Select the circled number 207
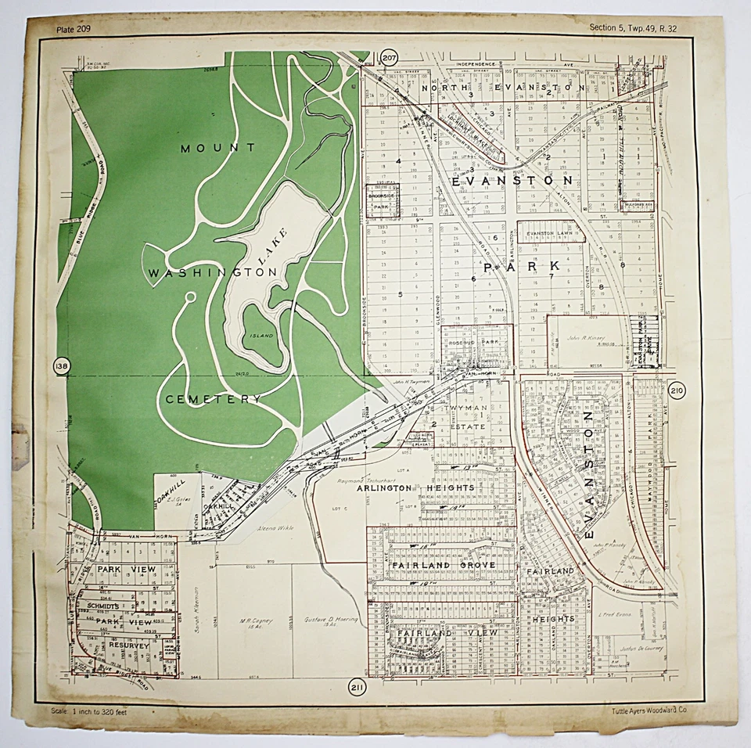[x=390, y=57]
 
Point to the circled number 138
[x=62, y=366]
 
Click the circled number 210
[x=677, y=390]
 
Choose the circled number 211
[x=357, y=688]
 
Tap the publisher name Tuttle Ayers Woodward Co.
[x=650, y=710]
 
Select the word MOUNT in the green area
[x=217, y=148]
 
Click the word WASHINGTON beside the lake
[x=213, y=272]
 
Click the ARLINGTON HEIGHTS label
[x=415, y=488]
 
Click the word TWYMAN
[x=467, y=408]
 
